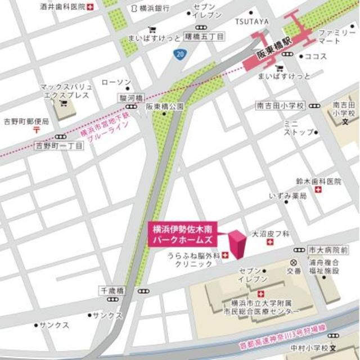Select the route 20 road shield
[x=178, y=53]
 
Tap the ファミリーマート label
[x=337, y=38]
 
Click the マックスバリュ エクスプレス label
[x=62, y=92]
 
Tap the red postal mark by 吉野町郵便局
[x=36, y=129]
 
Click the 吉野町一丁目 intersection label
[x=59, y=146]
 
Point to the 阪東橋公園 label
[x=165, y=106]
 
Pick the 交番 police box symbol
[x=292, y=262]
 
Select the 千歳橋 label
[x=111, y=290]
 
